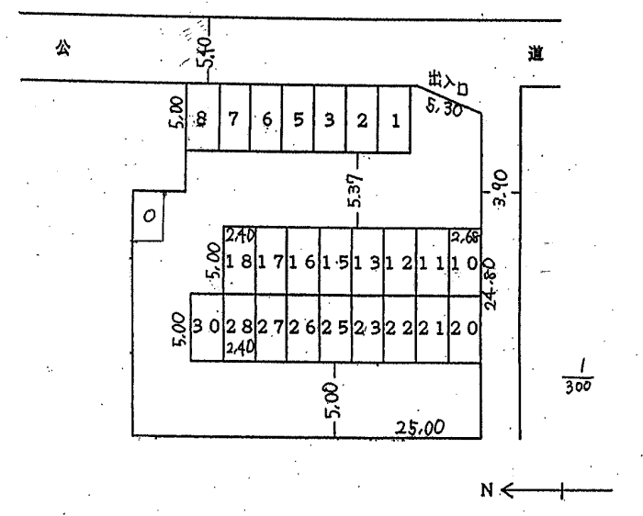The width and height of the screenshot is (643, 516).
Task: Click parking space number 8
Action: [202, 120]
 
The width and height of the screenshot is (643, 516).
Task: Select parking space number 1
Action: [394, 120]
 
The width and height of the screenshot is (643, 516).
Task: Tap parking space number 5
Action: [298, 120]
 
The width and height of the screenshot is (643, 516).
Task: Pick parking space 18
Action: [240, 262]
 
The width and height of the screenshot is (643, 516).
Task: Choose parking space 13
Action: [367, 262]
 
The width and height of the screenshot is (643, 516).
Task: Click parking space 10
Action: [465, 262]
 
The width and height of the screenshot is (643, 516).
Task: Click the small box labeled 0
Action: [147, 216]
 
